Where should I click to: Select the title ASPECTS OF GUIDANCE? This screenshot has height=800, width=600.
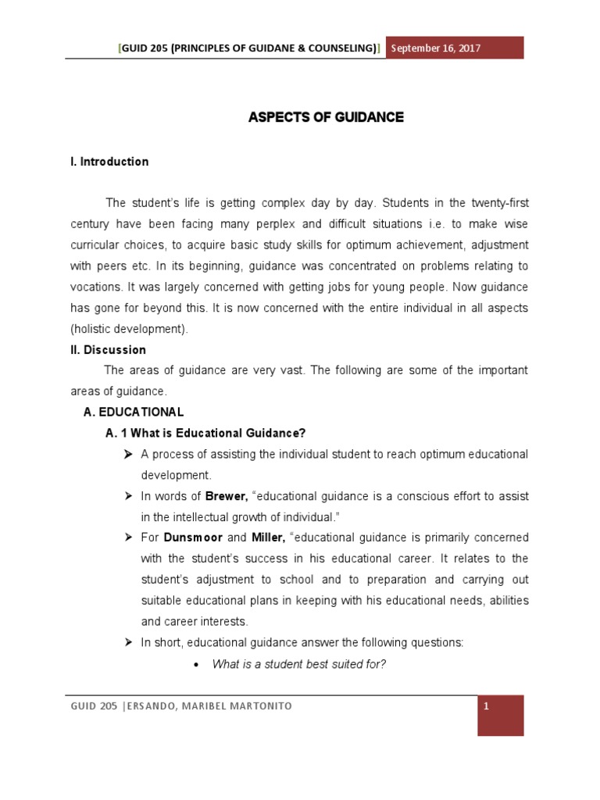(326, 117)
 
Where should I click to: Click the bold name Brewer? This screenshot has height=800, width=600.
(226, 496)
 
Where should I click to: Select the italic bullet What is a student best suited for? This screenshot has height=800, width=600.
(300, 664)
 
